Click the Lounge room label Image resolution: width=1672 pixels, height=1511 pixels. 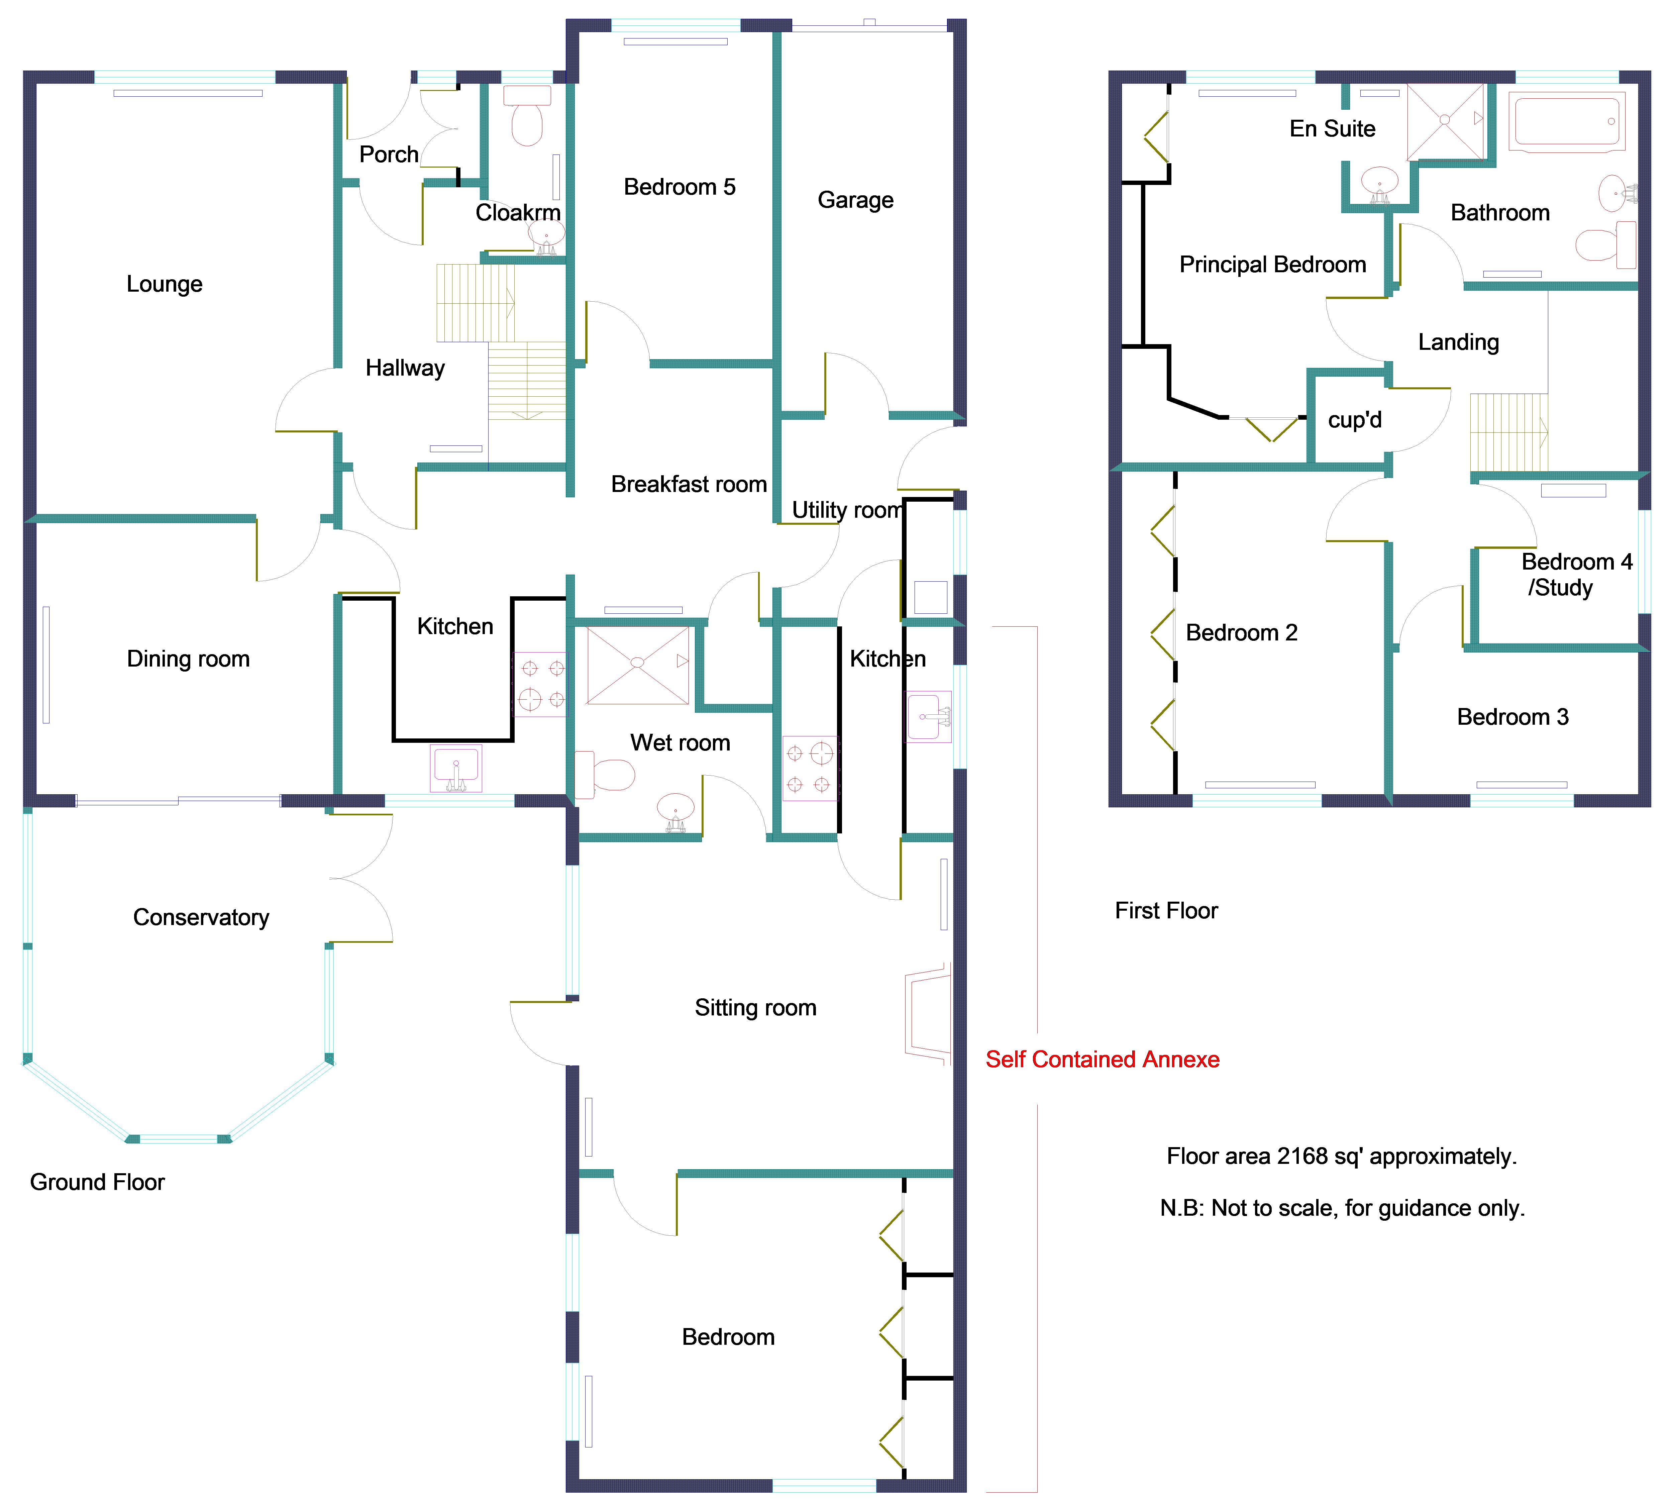click(164, 285)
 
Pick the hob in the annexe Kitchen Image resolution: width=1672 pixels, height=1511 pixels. click(810, 768)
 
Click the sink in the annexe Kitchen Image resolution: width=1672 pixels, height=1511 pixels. click(929, 716)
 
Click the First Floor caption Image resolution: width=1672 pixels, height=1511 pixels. click(1166, 911)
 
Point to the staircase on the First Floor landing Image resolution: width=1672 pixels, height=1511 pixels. click(1508, 433)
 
